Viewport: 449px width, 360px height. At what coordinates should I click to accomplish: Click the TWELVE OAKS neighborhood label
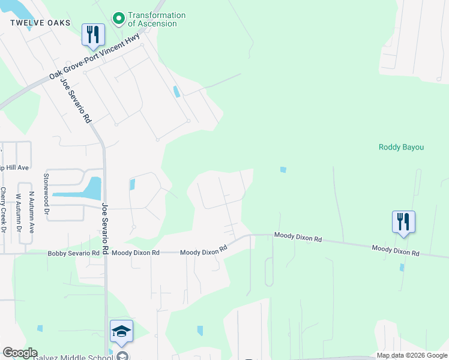click(40, 23)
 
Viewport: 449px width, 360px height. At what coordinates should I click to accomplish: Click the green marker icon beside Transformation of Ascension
click(118, 19)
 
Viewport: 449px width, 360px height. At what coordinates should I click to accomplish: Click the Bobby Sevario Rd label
click(73, 253)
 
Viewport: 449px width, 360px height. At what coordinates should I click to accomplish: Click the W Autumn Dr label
click(18, 212)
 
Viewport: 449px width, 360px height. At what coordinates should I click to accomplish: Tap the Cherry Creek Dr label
click(4, 211)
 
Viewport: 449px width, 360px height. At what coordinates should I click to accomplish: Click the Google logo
click(20, 353)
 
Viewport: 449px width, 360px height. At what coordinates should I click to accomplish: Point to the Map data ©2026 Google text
click(412, 355)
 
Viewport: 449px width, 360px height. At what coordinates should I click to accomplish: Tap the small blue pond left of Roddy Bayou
click(283, 170)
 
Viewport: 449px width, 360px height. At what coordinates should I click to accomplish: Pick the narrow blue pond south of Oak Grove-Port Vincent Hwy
click(175, 92)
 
